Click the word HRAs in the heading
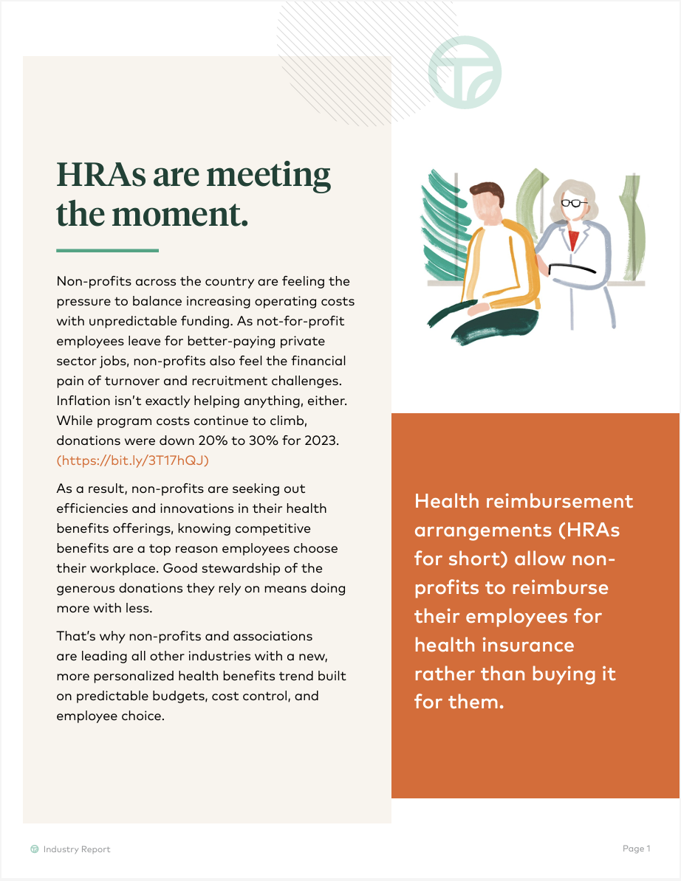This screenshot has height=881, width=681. pyautogui.click(x=100, y=175)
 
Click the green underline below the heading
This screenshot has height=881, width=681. pyautogui.click(x=107, y=251)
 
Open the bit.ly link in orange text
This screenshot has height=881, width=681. pyautogui.click(x=133, y=460)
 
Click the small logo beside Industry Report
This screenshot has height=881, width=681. pyautogui.click(x=34, y=849)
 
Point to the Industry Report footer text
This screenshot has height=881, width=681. pyautogui.click(x=77, y=849)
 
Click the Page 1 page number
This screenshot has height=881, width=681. pyautogui.click(x=636, y=849)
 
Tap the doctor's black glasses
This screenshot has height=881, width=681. pyautogui.click(x=574, y=203)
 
